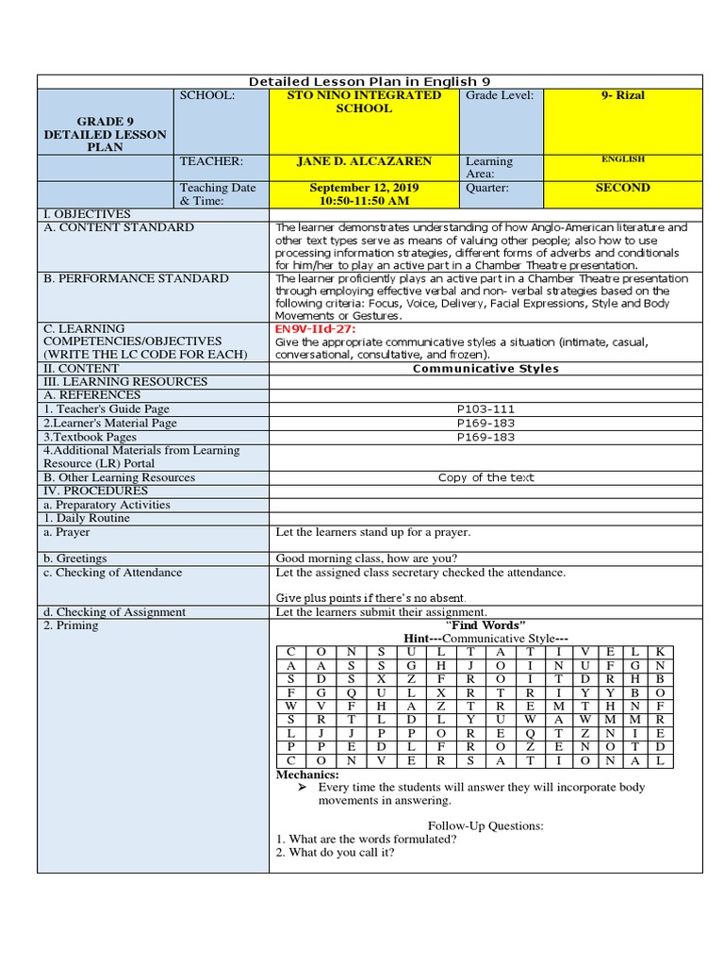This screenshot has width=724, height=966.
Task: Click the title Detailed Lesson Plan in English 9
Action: click(369, 81)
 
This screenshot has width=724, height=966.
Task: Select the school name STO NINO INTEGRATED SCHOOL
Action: click(363, 102)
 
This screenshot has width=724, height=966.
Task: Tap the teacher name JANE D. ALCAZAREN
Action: click(364, 161)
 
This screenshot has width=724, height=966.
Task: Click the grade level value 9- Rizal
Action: click(624, 95)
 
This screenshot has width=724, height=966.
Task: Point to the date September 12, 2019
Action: click(364, 188)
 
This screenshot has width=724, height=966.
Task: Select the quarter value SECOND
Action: click(622, 188)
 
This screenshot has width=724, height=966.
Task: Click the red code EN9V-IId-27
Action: click(309, 329)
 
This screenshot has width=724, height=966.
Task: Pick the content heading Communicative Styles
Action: click(485, 369)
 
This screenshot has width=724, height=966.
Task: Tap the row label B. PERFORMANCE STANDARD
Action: click(136, 278)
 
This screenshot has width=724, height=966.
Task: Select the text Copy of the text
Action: click(485, 477)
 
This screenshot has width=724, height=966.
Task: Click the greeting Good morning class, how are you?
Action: click(367, 558)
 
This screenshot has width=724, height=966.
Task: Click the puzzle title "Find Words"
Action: click(485, 625)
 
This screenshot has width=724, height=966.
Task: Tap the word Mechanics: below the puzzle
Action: click(306, 774)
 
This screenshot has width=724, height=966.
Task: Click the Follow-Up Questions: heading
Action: click(485, 825)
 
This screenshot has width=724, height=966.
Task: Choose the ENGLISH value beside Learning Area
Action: click(622, 159)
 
